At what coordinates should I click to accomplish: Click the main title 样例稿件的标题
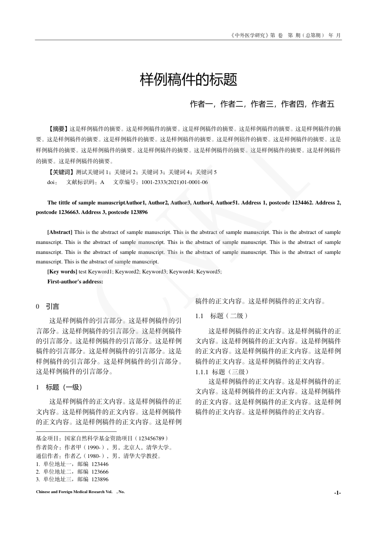[188, 80]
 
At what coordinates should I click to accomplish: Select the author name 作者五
[323, 104]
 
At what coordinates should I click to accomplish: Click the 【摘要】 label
[58, 128]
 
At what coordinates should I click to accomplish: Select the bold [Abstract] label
[60, 232]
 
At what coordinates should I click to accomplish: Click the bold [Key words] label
[62, 272]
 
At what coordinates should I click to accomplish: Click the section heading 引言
[52, 307]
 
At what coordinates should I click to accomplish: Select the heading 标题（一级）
[64, 387]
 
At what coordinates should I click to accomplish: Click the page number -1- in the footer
[337, 493]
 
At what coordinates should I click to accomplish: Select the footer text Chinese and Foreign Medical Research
[71, 492]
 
